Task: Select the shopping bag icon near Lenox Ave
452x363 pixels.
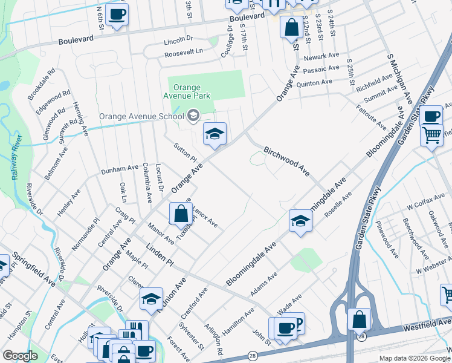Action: (181, 213)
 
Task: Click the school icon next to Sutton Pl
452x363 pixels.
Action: (214, 134)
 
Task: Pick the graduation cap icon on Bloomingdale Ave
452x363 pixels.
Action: (300, 221)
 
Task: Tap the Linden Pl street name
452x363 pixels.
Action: (159, 255)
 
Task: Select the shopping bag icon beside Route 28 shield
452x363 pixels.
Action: (359, 318)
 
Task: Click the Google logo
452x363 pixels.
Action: (20, 356)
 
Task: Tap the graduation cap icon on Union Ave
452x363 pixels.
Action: (152, 298)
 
